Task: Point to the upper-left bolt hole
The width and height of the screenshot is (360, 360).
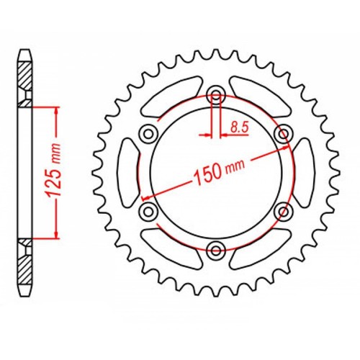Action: pos(149,133)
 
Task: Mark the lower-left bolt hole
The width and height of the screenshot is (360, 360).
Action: pos(149,211)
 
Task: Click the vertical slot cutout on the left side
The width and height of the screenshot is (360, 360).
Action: pos(128,172)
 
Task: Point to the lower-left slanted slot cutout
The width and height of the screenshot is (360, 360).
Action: pos(171,247)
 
